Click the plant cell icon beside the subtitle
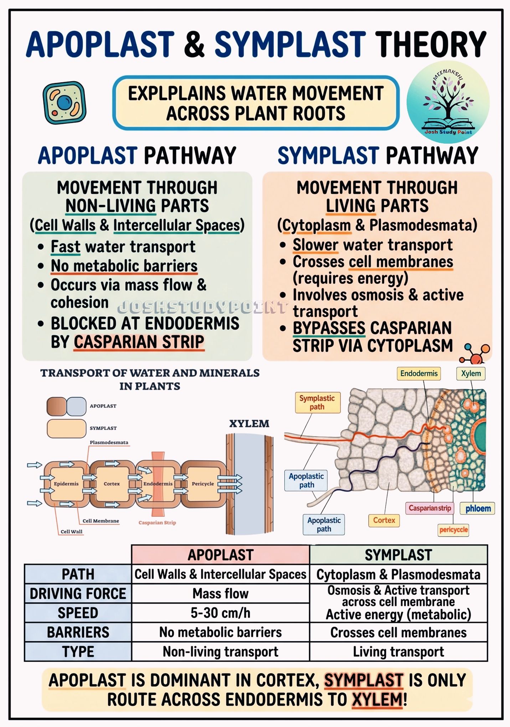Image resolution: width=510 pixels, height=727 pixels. pyautogui.click(x=65, y=103)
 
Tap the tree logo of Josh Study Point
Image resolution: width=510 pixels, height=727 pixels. pyautogui.click(x=448, y=102)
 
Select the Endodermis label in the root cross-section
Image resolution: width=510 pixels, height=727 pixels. pyautogui.click(x=419, y=373)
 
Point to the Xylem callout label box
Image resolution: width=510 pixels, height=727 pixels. pyautogui.click(x=471, y=373)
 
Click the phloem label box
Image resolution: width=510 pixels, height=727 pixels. pyautogui.click(x=478, y=509)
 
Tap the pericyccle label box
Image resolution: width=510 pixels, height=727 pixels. pyautogui.click(x=453, y=530)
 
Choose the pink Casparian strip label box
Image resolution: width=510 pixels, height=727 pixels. pyautogui.click(x=430, y=508)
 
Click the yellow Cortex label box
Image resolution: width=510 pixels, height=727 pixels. pyautogui.click(x=384, y=520)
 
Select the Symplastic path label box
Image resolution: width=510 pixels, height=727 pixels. pyautogui.click(x=317, y=402)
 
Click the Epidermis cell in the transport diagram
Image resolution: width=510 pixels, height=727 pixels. pyautogui.click(x=66, y=484)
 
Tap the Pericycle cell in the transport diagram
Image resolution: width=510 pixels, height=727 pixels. pyautogui.click(x=203, y=484)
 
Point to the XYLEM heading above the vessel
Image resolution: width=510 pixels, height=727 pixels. pyautogui.click(x=249, y=424)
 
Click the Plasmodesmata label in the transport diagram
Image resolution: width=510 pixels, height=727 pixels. pyautogui.click(x=109, y=442)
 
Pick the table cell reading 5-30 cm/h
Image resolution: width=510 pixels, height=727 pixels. pyautogui.click(x=221, y=613)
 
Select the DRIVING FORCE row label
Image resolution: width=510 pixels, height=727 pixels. pyautogui.click(x=78, y=594)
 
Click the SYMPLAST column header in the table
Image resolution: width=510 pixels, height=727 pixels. pyautogui.click(x=398, y=555)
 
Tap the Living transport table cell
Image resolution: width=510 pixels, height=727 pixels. pyautogui.click(x=398, y=652)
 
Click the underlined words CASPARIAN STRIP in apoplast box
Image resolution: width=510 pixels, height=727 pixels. pyautogui.click(x=139, y=342)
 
